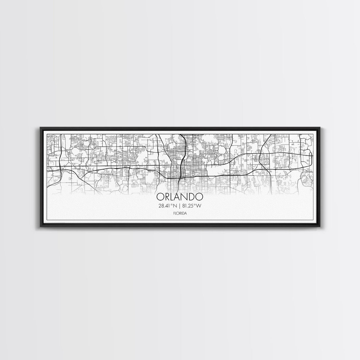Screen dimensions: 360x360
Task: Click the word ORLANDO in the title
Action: [180, 197]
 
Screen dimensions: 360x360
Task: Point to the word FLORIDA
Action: [180, 213]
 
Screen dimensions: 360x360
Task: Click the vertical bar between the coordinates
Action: [180, 206]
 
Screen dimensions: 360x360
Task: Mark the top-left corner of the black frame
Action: [40, 127]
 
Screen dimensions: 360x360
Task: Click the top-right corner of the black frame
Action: [320, 127]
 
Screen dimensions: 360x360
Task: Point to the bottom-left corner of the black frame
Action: [40, 227]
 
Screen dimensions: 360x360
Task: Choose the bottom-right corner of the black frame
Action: [320, 227]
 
